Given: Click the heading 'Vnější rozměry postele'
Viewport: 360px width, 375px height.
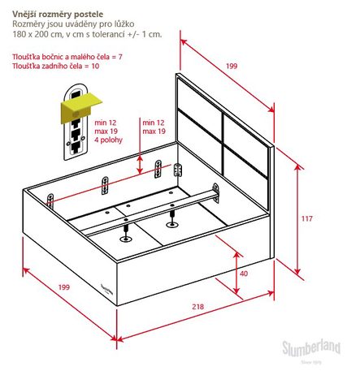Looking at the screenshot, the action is [58, 15].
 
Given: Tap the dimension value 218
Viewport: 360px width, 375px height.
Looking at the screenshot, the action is [197, 307].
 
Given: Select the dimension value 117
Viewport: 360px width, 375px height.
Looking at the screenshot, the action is [307, 218].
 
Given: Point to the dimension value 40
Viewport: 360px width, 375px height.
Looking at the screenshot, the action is [244, 274].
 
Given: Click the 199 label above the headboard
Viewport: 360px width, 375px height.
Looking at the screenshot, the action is [232, 66].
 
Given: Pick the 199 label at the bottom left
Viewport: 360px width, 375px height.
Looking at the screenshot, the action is [64, 287].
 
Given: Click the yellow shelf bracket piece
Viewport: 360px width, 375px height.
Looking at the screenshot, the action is [80, 107].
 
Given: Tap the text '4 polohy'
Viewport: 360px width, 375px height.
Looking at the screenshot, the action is [108, 140].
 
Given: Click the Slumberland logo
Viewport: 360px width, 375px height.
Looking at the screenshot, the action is [311, 350].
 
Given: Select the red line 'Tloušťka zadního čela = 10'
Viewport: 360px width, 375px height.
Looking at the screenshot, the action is [55, 66].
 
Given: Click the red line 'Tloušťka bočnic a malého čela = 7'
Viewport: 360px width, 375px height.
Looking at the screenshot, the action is [67, 57].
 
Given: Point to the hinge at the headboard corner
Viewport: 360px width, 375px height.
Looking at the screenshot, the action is [177, 170].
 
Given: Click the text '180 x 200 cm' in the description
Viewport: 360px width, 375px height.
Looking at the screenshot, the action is [33, 35].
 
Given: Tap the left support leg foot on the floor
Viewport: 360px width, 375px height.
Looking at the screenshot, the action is [126, 239].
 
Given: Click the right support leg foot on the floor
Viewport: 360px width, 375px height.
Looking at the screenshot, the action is [171, 224].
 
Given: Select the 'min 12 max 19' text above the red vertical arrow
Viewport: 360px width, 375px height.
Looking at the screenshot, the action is [154, 127].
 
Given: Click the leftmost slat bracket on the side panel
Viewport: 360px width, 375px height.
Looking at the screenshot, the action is [50, 201].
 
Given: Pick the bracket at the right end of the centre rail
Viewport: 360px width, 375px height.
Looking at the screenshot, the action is [216, 193].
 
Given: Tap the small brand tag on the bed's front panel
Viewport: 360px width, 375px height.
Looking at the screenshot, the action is [106, 290].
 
